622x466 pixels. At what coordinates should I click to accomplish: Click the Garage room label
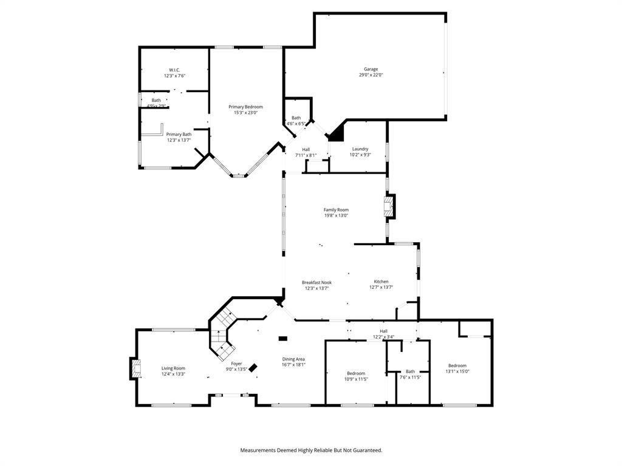(x=371, y=69)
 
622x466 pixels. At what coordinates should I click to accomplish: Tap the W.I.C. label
(x=174, y=70)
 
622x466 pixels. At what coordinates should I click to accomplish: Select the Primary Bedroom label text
(x=245, y=107)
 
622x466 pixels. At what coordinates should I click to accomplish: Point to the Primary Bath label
(x=179, y=134)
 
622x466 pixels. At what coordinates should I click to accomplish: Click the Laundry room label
(x=360, y=149)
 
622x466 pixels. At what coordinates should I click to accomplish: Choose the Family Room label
(x=336, y=210)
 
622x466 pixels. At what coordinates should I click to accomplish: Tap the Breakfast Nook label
(x=316, y=282)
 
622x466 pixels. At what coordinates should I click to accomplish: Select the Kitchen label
(x=381, y=282)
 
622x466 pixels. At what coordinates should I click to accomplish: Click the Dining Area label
(x=293, y=359)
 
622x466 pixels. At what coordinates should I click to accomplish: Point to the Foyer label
(x=236, y=363)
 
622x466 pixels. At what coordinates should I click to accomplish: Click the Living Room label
(x=173, y=368)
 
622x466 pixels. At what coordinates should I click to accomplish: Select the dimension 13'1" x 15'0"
(x=457, y=371)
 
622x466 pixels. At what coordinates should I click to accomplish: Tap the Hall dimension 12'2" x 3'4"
(x=383, y=337)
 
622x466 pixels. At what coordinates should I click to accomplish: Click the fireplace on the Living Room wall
(x=135, y=368)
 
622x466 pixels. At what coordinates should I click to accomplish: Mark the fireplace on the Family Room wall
(x=389, y=206)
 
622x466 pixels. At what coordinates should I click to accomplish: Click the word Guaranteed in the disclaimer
(x=363, y=450)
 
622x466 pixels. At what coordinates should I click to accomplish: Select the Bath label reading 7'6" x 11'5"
(x=411, y=371)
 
